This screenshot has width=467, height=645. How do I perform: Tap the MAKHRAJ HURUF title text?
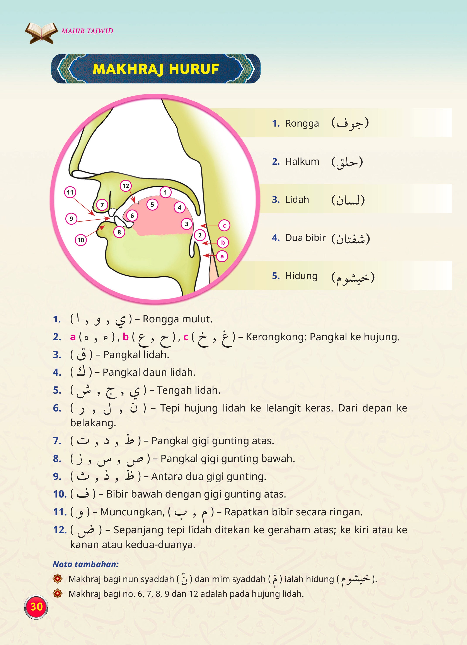[x=156, y=69]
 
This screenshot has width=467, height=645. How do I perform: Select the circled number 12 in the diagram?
[x=126, y=186]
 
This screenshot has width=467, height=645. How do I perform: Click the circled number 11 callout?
[x=70, y=193]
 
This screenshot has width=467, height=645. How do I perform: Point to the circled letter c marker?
[x=224, y=225]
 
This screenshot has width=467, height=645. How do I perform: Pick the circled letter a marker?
[x=222, y=256]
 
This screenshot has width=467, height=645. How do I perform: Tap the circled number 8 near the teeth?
[x=119, y=232]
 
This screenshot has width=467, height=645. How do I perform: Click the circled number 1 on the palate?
[x=165, y=192]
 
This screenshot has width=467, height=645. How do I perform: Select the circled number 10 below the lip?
[x=81, y=240]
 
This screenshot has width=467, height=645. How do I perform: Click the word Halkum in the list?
[x=302, y=162]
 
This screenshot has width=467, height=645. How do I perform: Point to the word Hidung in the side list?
[x=301, y=276]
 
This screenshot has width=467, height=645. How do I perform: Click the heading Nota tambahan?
[x=86, y=564]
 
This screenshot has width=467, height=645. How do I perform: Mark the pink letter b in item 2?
[x=126, y=337]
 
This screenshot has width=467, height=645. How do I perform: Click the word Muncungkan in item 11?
[x=132, y=512]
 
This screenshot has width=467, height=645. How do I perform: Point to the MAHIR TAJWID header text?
[x=87, y=31]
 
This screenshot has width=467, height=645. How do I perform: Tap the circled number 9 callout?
[x=71, y=219]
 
